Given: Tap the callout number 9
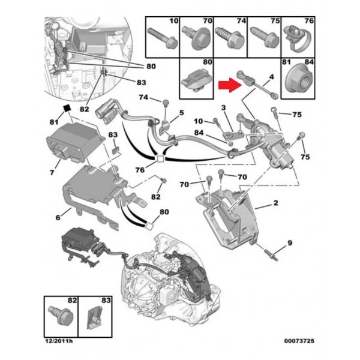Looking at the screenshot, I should pyautogui.click(x=289, y=243).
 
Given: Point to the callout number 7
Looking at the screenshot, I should pyautogui.click(x=52, y=172).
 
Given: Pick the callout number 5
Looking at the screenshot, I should pyautogui.click(x=182, y=112).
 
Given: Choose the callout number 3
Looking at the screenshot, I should pyautogui.click(x=223, y=107).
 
